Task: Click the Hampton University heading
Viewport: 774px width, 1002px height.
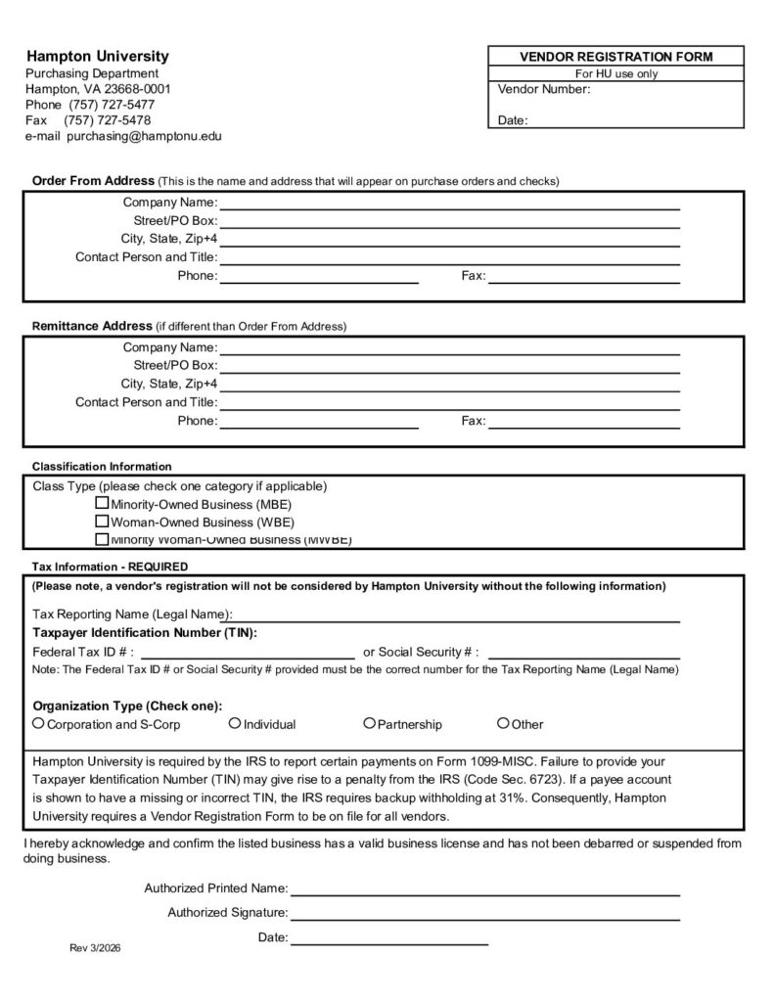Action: click(x=97, y=57)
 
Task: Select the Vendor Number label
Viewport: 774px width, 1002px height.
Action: click(x=544, y=89)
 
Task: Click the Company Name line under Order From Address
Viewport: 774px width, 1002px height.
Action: click(x=449, y=203)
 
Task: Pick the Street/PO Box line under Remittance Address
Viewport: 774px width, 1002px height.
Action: click(x=449, y=366)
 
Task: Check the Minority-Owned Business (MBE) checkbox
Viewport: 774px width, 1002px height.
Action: click(x=102, y=503)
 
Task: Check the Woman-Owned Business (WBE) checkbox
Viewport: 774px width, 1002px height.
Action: click(x=102, y=522)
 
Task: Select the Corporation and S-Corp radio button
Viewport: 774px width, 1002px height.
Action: click(x=38, y=724)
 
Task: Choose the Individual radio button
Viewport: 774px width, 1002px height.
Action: click(x=235, y=724)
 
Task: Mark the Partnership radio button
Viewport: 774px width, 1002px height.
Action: click(x=369, y=724)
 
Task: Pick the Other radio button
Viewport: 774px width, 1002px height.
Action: click(x=503, y=724)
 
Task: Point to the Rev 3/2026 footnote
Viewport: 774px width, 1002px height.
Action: click(x=96, y=949)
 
